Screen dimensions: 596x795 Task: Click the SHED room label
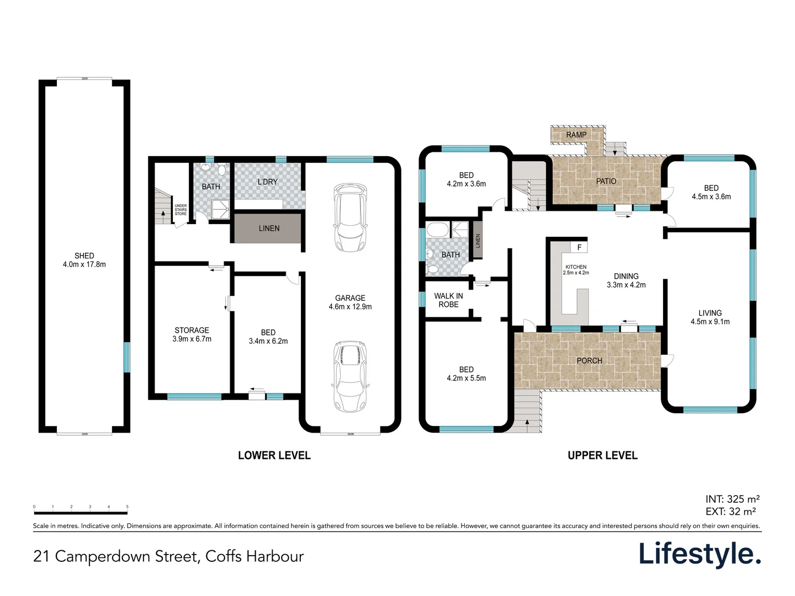84,260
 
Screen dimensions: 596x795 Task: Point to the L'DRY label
268,182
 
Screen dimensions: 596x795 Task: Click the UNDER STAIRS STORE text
181,210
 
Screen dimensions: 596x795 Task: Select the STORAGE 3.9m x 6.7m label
192,334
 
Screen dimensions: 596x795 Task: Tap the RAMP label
576,135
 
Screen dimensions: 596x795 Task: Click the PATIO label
606,181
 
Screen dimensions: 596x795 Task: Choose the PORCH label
589,360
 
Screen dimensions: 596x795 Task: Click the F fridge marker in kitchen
579,247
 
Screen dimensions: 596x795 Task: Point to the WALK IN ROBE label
448,300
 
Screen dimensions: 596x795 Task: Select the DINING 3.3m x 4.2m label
626,280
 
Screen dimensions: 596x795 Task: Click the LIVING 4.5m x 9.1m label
710,317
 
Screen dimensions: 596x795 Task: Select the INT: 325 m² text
732,499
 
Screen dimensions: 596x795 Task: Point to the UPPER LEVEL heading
602,455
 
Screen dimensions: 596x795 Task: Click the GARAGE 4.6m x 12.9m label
350,302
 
